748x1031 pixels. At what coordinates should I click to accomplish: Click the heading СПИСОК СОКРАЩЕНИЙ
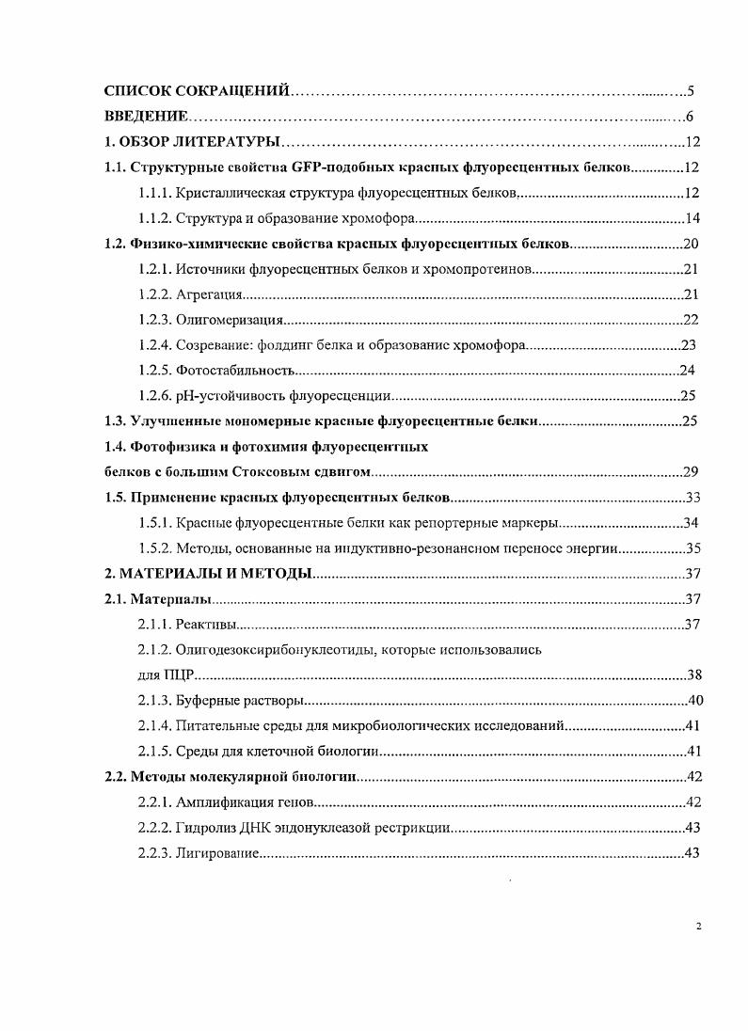coord(197,91)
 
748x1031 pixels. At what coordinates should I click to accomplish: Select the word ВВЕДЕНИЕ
coord(146,117)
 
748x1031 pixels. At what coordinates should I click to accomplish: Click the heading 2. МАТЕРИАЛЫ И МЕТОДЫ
coord(207,574)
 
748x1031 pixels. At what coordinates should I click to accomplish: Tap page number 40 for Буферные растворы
coord(696,700)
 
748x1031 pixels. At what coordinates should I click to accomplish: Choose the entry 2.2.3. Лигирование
coord(198,853)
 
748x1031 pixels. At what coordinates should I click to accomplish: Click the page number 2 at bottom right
coord(698,927)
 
